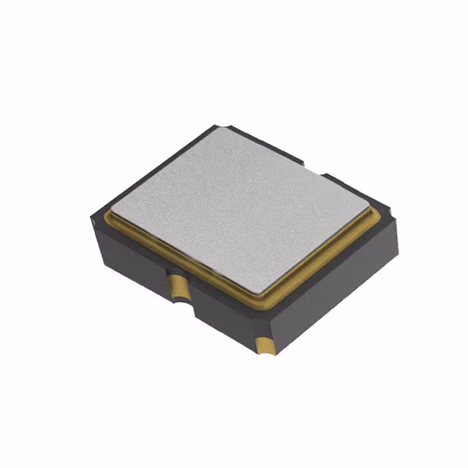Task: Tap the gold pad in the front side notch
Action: click(x=178, y=286)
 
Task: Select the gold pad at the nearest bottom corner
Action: click(x=265, y=341)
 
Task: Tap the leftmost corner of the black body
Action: click(x=93, y=219)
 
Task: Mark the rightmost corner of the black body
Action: click(x=399, y=219)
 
